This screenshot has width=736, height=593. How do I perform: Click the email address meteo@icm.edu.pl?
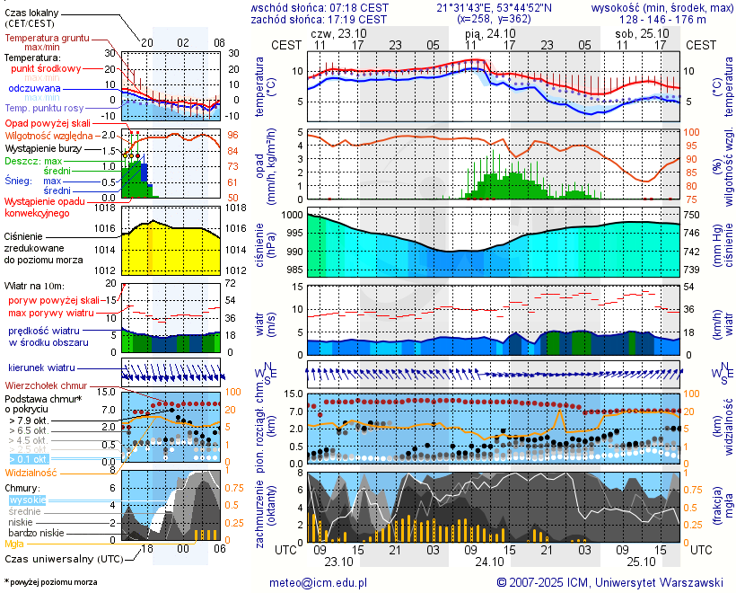point(319,582)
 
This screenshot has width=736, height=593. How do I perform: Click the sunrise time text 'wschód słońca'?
point(285,7)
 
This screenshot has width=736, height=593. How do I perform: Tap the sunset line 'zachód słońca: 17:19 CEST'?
point(319,19)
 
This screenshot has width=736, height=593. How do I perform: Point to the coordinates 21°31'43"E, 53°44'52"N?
point(494,7)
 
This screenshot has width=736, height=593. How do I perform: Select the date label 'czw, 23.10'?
point(339,32)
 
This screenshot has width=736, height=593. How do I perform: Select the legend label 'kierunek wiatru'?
point(41,368)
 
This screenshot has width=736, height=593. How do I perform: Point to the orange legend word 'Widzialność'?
point(31,472)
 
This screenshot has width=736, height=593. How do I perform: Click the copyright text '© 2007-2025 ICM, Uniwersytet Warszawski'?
point(609,582)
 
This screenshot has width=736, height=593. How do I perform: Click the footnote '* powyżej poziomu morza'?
point(50,582)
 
